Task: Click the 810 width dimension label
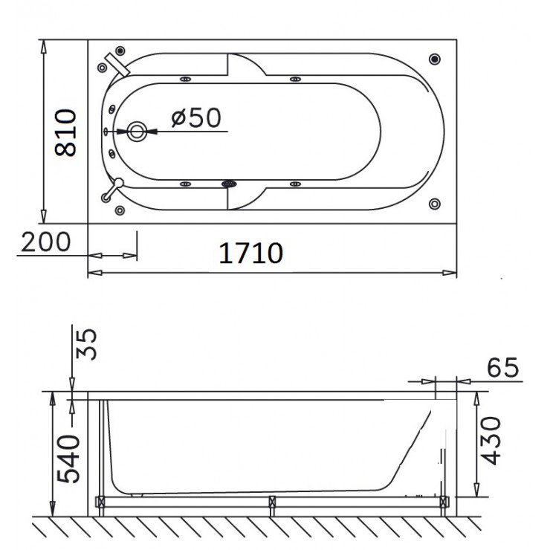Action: [67, 132]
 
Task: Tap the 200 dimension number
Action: [45, 242]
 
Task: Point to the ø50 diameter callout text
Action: [195, 118]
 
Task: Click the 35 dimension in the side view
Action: [88, 343]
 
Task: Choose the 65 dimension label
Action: [502, 367]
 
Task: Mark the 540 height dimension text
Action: [69, 457]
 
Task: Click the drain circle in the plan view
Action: [137, 132]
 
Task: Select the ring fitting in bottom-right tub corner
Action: [435, 203]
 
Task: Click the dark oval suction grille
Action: [229, 184]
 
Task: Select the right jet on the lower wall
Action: [294, 183]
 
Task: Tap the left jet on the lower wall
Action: [183, 183]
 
